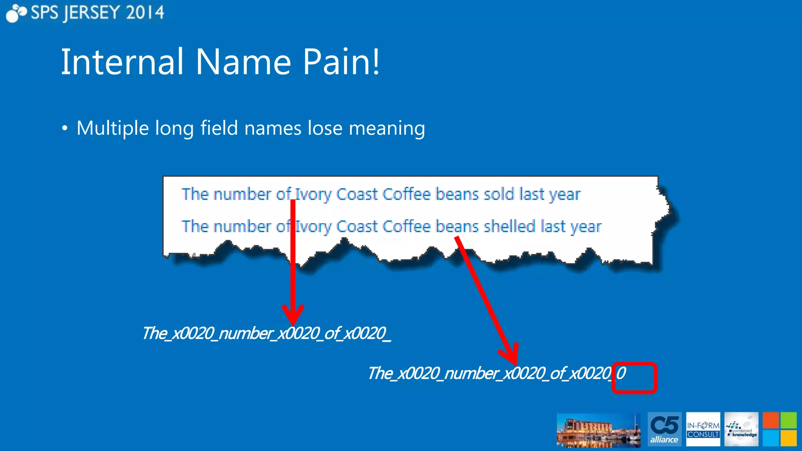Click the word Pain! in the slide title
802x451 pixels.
click(x=341, y=62)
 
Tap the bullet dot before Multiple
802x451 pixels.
click(x=65, y=129)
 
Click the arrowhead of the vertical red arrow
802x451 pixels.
click(x=293, y=315)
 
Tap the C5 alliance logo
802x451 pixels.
click(x=665, y=429)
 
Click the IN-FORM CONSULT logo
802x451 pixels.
click(x=703, y=429)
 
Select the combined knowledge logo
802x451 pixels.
click(x=741, y=429)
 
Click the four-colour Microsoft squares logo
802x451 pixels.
click(x=779, y=429)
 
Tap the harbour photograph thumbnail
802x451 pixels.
click(x=598, y=430)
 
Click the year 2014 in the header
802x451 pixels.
click(x=145, y=13)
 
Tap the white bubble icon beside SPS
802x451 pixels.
click(x=16, y=13)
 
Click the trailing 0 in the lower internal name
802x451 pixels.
click(x=621, y=373)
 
